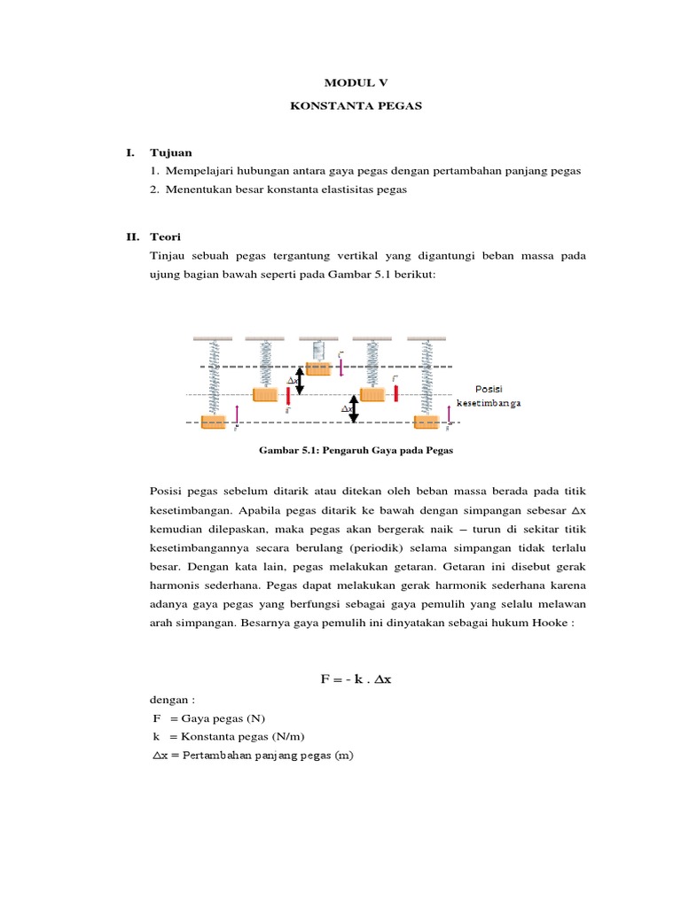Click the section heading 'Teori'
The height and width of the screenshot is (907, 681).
tap(166, 237)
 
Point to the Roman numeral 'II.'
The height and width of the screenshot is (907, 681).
tap(133, 237)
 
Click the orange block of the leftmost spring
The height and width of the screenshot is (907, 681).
tap(214, 422)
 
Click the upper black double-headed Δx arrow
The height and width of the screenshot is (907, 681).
tap(301, 381)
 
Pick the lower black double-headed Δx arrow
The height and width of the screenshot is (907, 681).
tap(354, 408)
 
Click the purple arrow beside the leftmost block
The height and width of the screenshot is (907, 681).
tap(237, 415)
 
